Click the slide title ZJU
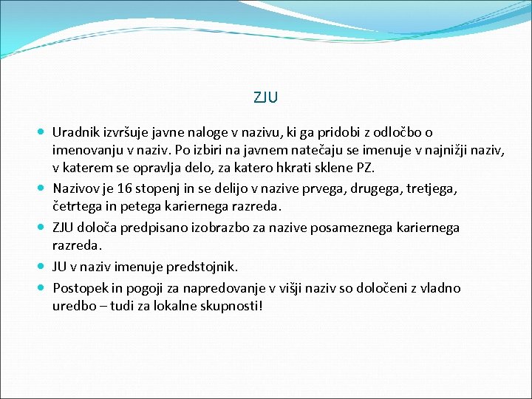[x=266, y=97]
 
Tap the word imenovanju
[x=86, y=151]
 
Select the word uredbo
[x=73, y=305]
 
